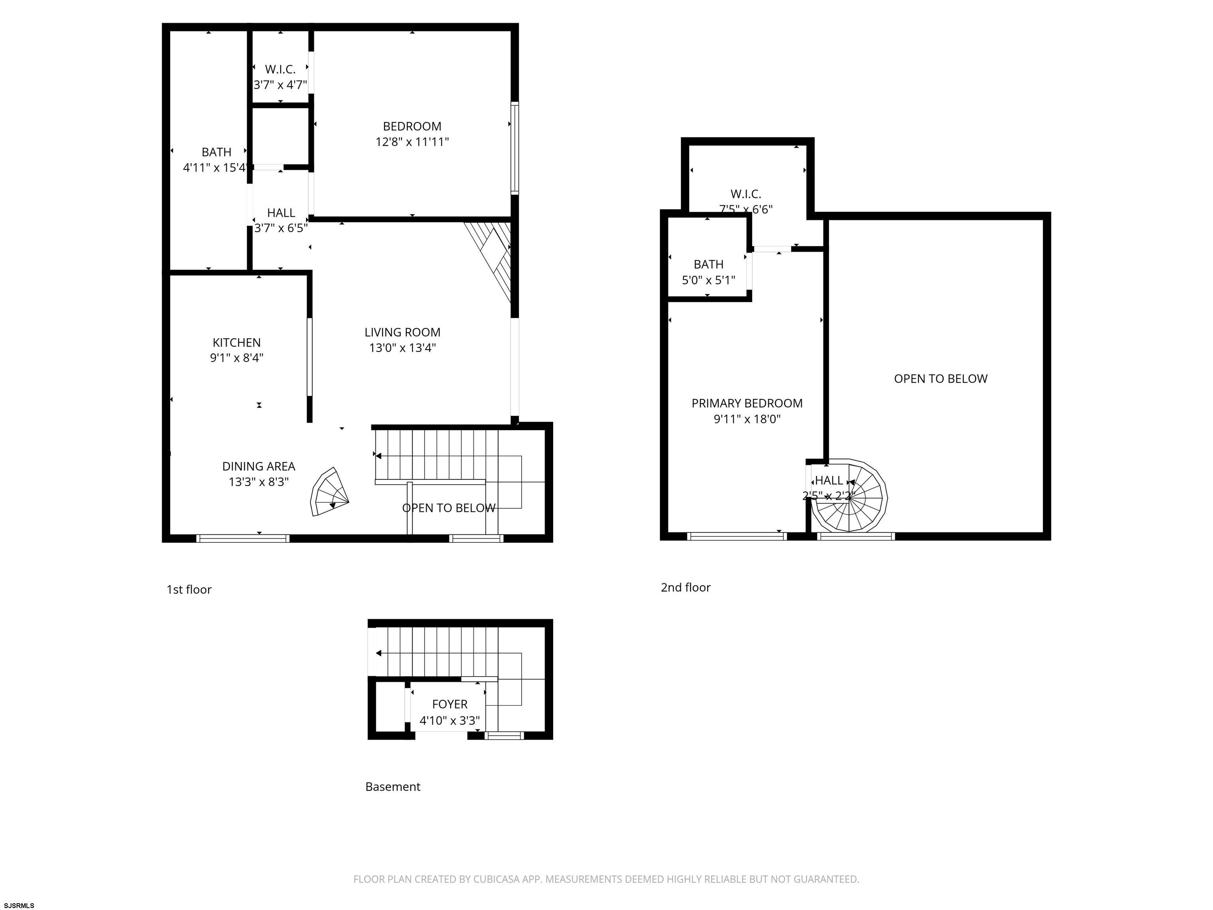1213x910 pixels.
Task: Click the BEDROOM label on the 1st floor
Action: point(412,126)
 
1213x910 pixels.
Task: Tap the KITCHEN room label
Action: point(237,342)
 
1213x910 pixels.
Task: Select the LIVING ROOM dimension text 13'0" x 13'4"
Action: point(402,348)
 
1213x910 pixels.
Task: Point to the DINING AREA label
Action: point(258,466)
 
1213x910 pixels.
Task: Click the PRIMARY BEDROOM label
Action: point(747,403)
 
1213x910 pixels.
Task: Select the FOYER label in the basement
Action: point(450,704)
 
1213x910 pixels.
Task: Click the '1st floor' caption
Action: point(189,590)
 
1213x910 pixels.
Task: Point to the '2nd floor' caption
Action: point(685,587)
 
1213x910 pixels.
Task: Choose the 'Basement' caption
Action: point(392,787)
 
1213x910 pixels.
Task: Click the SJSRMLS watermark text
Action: point(19,906)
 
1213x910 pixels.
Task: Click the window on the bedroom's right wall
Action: point(514,148)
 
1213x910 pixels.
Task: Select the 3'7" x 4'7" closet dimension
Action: point(280,85)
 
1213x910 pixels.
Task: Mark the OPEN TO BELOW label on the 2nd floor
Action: point(941,378)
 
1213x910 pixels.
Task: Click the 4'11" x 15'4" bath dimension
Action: point(216,168)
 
